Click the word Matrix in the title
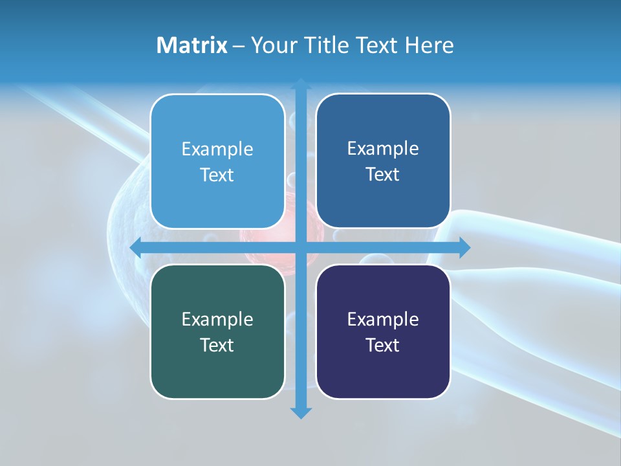point(192,45)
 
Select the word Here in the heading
point(429,45)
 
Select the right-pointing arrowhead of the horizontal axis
point(464,248)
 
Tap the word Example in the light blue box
point(217,150)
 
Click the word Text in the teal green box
point(217,345)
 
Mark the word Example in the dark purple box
point(383,319)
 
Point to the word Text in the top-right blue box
point(383,175)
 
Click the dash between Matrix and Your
point(239,46)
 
